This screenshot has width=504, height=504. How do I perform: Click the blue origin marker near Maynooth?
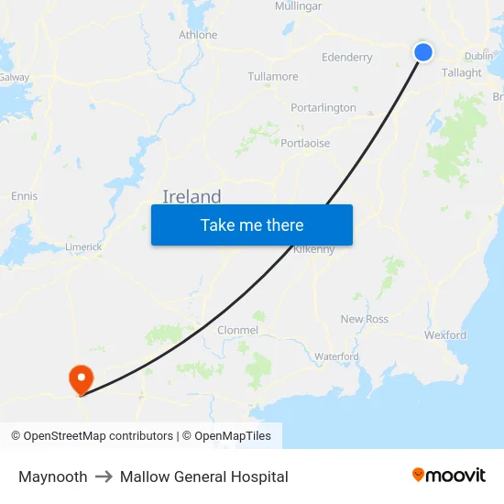coord(423,52)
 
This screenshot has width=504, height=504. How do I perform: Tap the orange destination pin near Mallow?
coord(81,378)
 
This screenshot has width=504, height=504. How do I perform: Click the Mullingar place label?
coord(298,6)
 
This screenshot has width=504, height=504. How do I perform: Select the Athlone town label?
coord(198,35)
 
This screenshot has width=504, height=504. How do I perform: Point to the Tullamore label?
coord(273,76)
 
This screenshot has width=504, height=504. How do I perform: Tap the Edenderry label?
coord(347,57)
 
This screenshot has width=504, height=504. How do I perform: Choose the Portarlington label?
coord(323,107)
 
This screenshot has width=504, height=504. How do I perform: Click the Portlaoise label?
coord(305,143)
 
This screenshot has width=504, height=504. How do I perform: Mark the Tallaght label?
coord(461,72)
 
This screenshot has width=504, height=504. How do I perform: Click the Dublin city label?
coord(478,56)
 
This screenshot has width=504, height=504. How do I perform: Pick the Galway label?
coord(15,77)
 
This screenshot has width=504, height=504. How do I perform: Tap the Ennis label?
coord(24,196)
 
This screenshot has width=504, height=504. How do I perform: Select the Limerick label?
coord(83,247)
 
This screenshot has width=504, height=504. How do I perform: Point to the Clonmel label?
coord(237,330)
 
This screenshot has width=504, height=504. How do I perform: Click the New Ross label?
coord(365,319)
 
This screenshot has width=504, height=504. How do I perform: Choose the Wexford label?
coord(445,335)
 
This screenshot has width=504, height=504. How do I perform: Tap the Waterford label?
coord(335,356)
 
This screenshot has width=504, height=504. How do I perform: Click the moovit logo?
coord(449,475)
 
